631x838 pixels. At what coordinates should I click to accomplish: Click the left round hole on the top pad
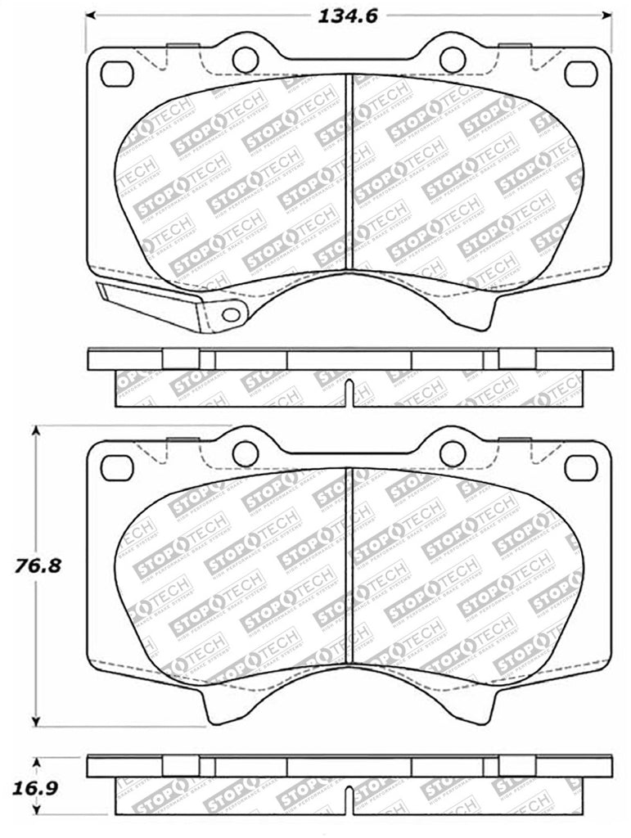[245, 59]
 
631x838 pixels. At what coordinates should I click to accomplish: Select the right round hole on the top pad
[453, 59]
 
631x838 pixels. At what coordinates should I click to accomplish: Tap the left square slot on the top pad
[116, 74]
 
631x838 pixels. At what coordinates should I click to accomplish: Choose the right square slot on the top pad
[581, 74]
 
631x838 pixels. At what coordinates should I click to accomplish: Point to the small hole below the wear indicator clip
[232, 314]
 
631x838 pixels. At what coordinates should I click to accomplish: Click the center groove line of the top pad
[350, 172]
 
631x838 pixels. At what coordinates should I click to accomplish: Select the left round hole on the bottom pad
[245, 453]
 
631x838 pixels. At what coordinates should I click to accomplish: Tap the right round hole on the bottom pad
[453, 453]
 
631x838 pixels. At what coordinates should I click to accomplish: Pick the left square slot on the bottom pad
[116, 468]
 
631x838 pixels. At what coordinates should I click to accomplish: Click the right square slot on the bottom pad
[581, 468]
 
